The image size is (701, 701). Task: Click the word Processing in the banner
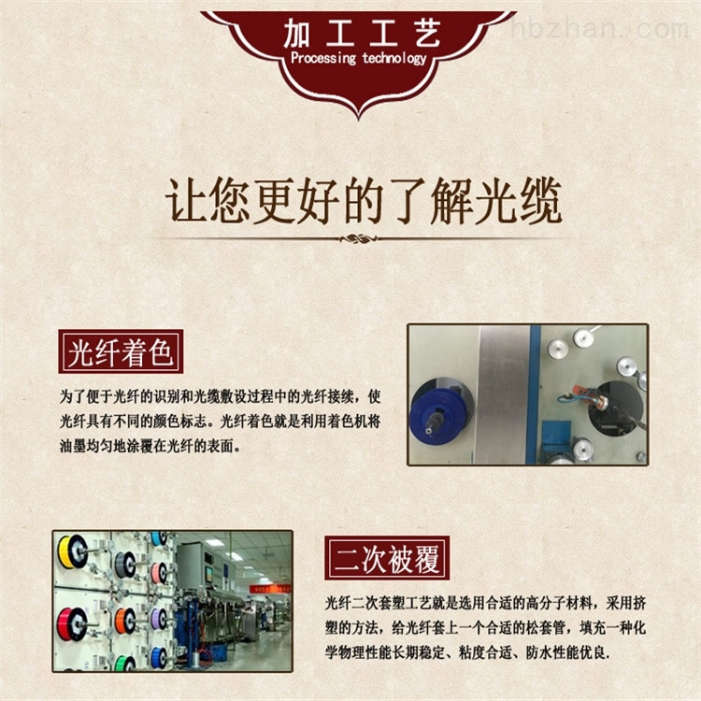[323, 58]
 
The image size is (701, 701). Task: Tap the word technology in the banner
[394, 58]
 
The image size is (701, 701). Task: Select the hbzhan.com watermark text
[599, 28]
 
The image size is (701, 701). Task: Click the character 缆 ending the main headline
[539, 200]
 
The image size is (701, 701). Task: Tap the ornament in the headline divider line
[358, 238]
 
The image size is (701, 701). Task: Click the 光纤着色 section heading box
[121, 351]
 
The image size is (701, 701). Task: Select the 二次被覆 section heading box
[387, 558]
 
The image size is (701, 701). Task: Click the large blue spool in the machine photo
[438, 413]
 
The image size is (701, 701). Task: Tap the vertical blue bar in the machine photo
[534, 394]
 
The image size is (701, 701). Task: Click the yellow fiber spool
[72, 551]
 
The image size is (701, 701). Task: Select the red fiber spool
[72, 623]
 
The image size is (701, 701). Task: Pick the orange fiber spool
[125, 621]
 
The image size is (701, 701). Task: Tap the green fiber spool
[125, 663]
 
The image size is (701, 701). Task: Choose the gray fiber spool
[125, 565]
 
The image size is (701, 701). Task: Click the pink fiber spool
[159, 573]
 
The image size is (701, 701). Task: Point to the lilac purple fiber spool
[159, 619]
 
